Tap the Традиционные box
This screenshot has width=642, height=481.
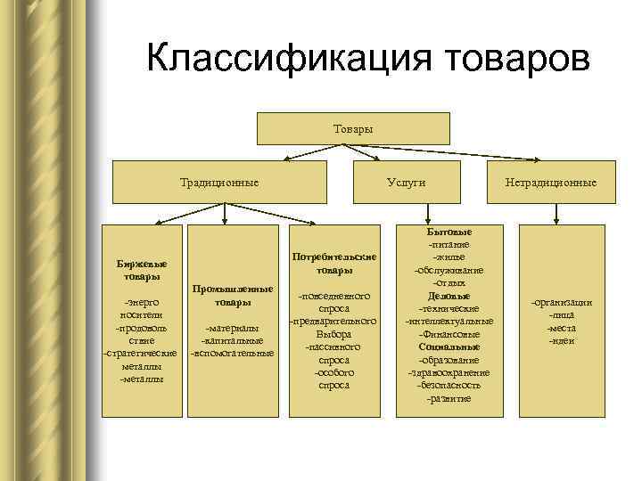pos(219,183)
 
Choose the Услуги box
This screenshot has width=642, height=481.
pos(406,183)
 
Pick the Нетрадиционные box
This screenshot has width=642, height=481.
pos(551,183)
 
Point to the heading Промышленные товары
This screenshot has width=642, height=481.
pos(232,296)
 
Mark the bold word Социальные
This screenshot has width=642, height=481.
pos(449,346)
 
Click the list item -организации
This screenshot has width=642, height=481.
pos(562,304)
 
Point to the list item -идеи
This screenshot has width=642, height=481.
pos(562,341)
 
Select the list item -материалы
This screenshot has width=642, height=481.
pos(232,328)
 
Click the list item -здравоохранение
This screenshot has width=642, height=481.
pos(449,372)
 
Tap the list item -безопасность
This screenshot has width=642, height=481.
pos(449,385)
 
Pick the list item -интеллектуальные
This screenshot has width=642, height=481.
pos(449,321)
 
